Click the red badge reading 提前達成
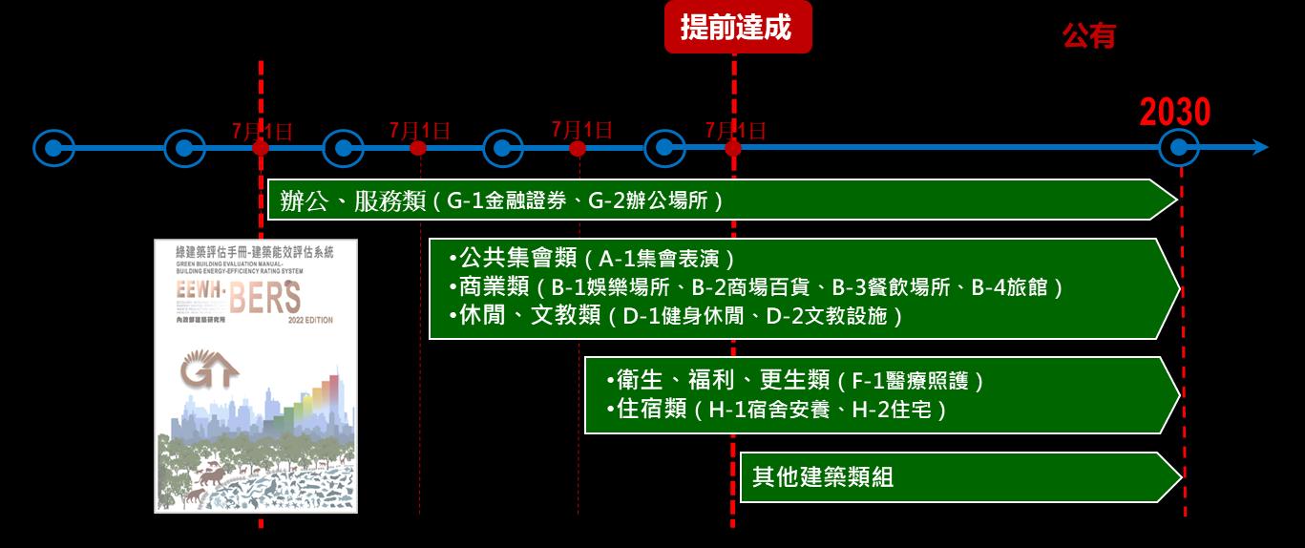coord(737,28)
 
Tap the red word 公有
coord(1089,36)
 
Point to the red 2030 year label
coord(1175,113)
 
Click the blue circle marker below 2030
coord(1179,148)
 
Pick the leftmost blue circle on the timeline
coord(53,148)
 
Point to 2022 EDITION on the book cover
coord(310,321)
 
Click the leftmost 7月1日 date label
coord(262,131)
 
